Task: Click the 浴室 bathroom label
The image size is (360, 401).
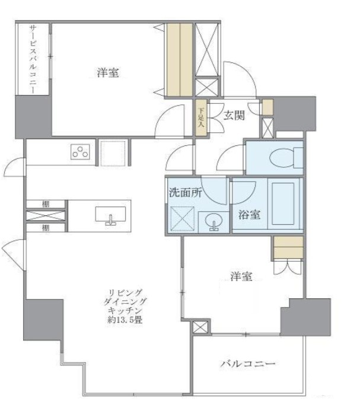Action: point(250,215)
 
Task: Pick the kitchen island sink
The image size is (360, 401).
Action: point(110,215)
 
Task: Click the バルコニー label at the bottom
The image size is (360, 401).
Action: point(249,362)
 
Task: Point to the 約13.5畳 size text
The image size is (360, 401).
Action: point(124,320)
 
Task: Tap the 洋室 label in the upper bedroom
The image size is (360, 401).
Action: point(108,74)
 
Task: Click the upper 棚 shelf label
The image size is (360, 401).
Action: point(46,205)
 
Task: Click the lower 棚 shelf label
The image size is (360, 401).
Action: point(46,227)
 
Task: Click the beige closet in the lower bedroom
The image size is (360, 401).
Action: point(288,247)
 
